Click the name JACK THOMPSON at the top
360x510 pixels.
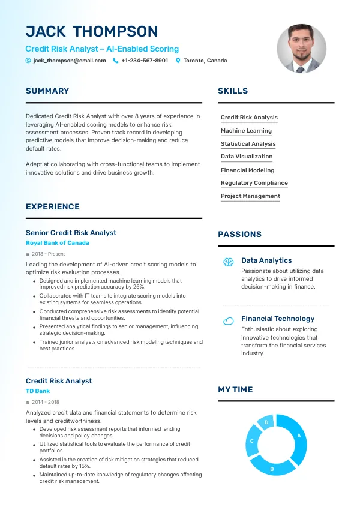[x=92, y=32]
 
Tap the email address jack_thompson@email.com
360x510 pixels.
[x=70, y=61]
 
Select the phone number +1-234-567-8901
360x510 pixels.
[x=145, y=61]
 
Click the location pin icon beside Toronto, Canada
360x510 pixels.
[x=178, y=61]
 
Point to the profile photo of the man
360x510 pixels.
[x=301, y=49]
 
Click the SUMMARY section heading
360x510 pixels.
[x=47, y=91]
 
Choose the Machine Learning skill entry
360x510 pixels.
[x=246, y=131]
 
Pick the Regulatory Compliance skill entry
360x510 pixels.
[x=254, y=183]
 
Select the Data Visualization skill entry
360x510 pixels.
[x=246, y=157]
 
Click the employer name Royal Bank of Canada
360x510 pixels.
[x=58, y=243]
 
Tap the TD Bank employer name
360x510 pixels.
[x=38, y=391]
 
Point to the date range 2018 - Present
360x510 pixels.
[x=48, y=254]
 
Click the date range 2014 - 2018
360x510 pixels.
[x=46, y=402]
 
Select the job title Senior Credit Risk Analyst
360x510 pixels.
[x=71, y=233]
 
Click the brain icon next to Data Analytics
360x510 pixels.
[x=228, y=262]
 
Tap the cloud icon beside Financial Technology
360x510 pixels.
[x=228, y=321]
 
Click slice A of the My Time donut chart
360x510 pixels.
[x=298, y=436]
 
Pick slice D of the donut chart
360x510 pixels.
[x=266, y=423]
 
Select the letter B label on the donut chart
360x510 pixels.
[x=272, y=469]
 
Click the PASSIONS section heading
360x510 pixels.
[x=239, y=235]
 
